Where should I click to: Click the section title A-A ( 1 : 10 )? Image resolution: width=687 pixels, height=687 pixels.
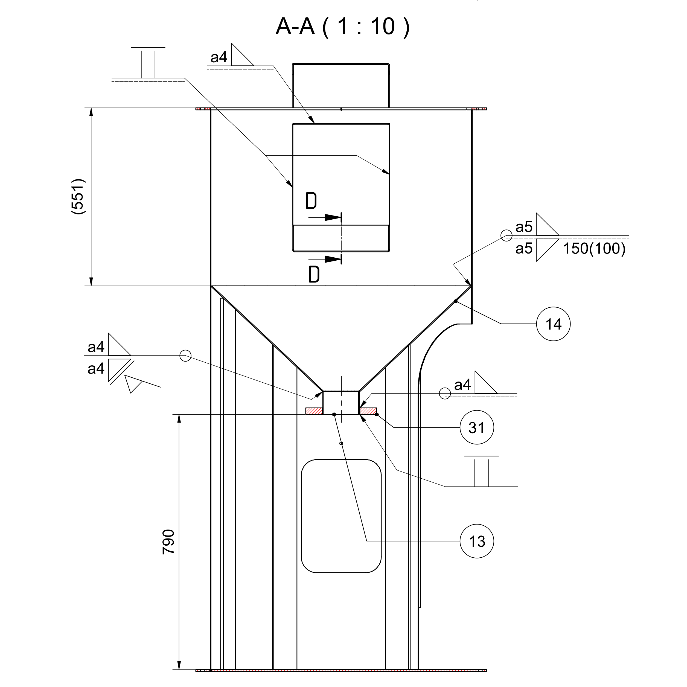pos(342,27)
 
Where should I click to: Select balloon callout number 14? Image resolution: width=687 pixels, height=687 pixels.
pos(553,324)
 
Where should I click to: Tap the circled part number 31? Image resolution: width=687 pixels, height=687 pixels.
pos(476,427)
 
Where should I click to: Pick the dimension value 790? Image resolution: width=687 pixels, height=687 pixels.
pos(168,542)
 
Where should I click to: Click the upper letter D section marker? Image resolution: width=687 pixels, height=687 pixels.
pos(311,201)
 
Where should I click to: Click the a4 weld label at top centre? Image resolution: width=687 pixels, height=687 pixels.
pos(219,57)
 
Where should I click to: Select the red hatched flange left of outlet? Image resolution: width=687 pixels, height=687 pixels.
pos(314,411)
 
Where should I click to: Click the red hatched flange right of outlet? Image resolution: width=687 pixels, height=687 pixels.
pos(368,411)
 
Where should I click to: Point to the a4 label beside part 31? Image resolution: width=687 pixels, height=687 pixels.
pos(462,385)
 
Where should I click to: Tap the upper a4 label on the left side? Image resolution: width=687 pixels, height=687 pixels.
pos(96,347)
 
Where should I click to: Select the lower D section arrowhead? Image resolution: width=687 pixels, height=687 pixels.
pos(333,259)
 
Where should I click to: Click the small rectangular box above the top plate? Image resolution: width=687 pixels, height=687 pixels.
pos(341,86)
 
